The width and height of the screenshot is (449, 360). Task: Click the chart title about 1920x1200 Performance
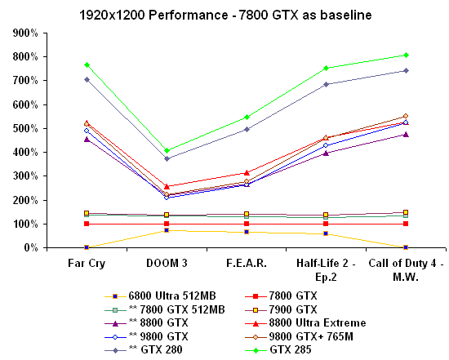tap(224, 15)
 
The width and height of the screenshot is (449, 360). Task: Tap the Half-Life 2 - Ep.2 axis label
tap(326, 271)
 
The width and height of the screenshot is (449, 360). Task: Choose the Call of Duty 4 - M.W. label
tap(406, 271)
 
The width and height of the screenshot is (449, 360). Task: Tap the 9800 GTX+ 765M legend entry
tap(304, 336)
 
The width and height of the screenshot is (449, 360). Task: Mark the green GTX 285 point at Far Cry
tap(87, 64)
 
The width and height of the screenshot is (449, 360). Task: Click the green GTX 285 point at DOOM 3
tap(167, 150)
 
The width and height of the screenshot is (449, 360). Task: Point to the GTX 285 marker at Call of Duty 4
tap(406, 55)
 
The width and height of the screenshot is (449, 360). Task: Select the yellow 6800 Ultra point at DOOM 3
tap(167, 230)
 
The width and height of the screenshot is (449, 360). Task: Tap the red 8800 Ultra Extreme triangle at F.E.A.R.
tap(247, 172)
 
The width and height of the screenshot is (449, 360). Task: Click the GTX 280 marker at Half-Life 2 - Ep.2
tap(326, 84)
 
